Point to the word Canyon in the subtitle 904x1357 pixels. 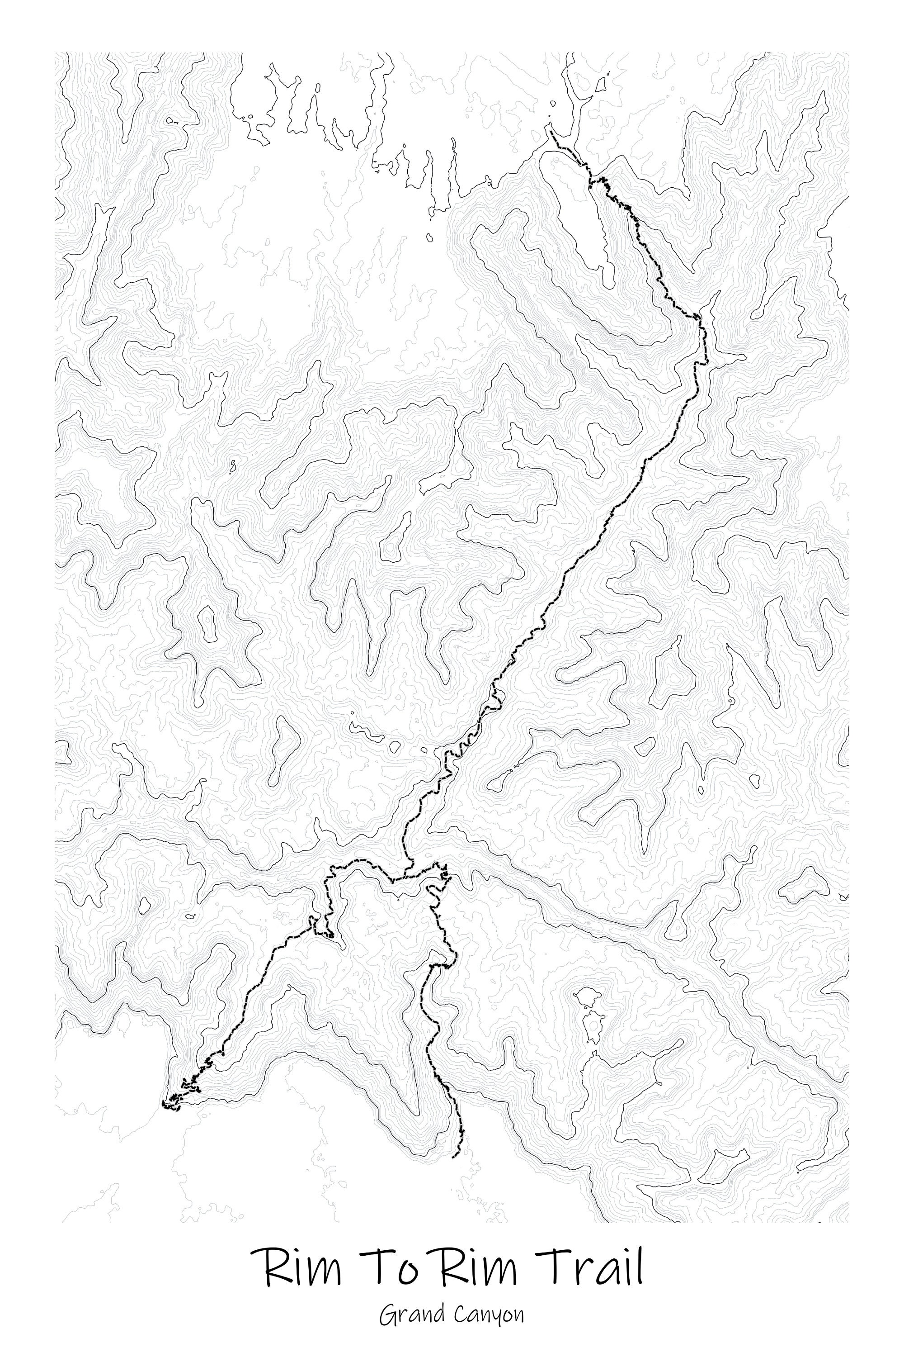tap(489, 1314)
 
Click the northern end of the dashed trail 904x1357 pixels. tap(551, 132)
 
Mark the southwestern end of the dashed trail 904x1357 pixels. tap(164, 1103)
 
